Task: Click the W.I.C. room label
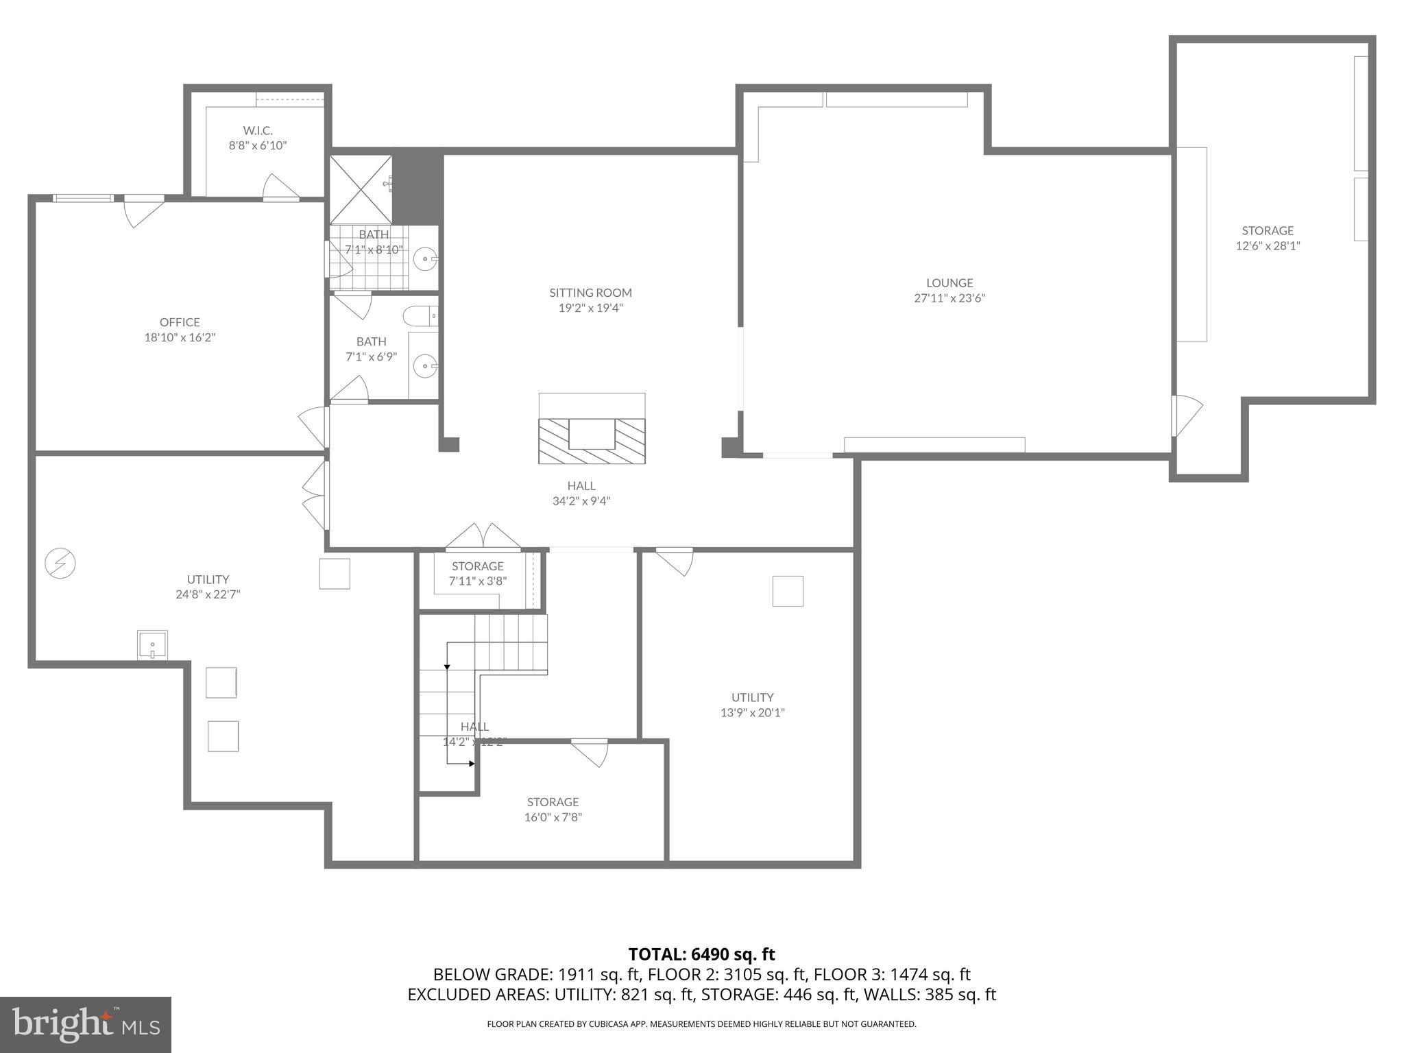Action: coord(257,130)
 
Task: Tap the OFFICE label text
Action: coord(180,322)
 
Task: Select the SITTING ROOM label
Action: coord(590,293)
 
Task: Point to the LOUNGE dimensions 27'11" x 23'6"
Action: coord(949,298)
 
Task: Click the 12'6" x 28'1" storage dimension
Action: coord(1268,246)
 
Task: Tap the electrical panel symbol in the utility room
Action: coord(60,564)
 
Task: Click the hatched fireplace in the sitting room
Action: coord(592,441)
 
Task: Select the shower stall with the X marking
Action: coord(361,190)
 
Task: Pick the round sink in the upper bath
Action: coord(426,260)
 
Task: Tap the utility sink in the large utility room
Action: coord(152,645)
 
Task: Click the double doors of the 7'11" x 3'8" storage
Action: coord(483,538)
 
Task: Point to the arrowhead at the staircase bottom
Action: coord(471,763)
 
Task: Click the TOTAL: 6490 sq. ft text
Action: coord(701,954)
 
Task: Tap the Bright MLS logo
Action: coord(86,1024)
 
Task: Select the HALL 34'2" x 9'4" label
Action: coord(581,494)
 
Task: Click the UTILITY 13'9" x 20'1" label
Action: coord(752,705)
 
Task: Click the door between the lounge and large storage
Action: coord(1186,415)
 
